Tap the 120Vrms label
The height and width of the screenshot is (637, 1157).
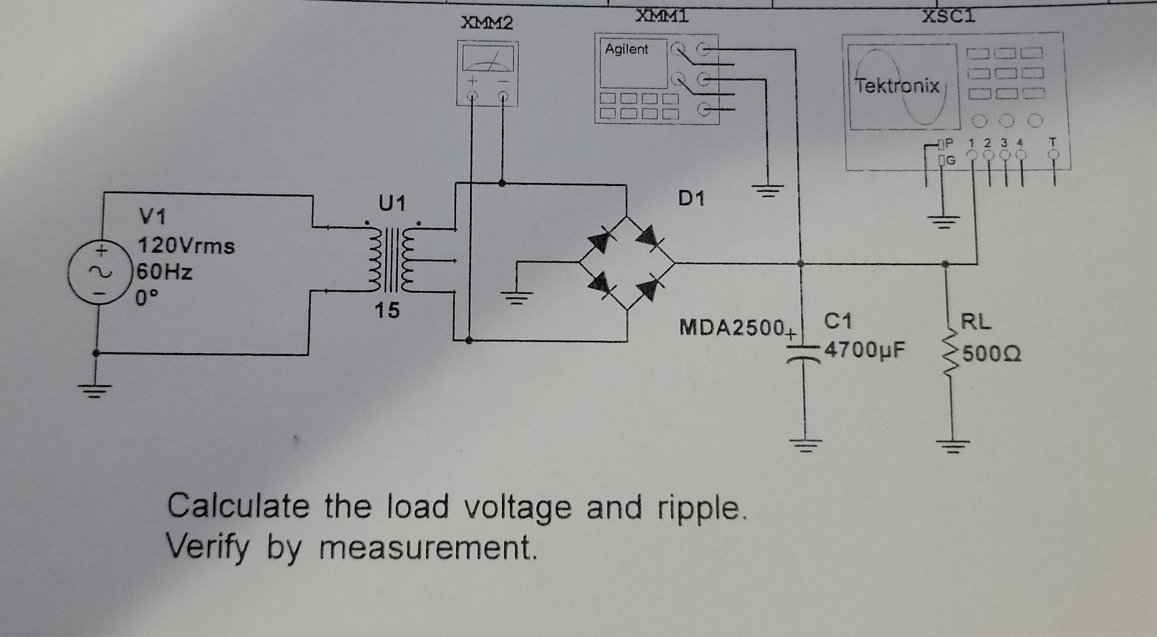pyautogui.click(x=186, y=246)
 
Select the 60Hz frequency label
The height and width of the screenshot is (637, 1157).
pyautogui.click(x=165, y=272)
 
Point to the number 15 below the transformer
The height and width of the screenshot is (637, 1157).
pyautogui.click(x=387, y=311)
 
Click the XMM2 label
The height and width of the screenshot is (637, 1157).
pyautogui.click(x=486, y=23)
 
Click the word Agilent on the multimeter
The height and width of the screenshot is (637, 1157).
pyautogui.click(x=627, y=49)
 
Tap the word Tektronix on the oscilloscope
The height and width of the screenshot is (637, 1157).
pyautogui.click(x=897, y=86)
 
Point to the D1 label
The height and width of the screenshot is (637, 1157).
pyautogui.click(x=691, y=198)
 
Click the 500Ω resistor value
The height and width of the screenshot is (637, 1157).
pyautogui.click(x=991, y=353)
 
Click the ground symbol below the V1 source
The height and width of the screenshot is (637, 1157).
pyautogui.click(x=97, y=390)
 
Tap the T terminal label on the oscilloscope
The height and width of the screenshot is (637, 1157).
pyautogui.click(x=1052, y=143)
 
